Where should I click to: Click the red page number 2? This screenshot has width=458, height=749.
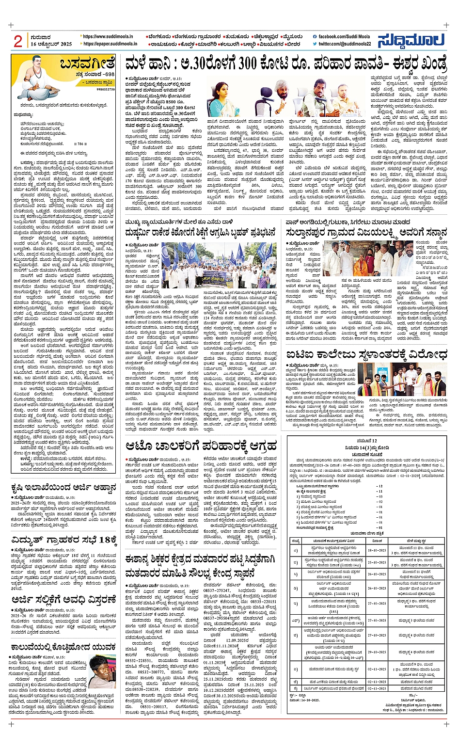click(x=18, y=42)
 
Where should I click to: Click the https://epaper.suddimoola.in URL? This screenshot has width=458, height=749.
click(x=110, y=44)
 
